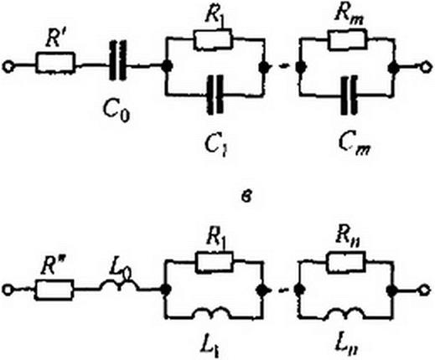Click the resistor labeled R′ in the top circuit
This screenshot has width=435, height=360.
(x=55, y=63)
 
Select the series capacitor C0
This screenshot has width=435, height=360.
(x=117, y=60)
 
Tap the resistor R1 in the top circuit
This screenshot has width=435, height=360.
(x=213, y=39)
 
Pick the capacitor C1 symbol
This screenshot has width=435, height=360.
(x=215, y=95)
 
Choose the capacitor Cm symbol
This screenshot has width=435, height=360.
(x=350, y=95)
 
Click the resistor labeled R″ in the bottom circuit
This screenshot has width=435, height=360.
(x=54, y=291)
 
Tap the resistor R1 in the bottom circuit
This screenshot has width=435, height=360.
(x=214, y=262)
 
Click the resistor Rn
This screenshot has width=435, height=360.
(x=347, y=262)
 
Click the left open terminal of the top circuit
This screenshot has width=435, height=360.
(x=8, y=67)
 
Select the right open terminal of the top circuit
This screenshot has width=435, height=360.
(x=426, y=67)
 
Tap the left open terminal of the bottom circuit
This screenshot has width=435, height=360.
(x=8, y=291)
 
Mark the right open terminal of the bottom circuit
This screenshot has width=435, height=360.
(x=424, y=291)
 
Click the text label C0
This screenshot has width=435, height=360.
(x=117, y=111)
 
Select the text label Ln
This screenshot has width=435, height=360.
(x=347, y=345)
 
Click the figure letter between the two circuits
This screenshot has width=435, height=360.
(x=247, y=198)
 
